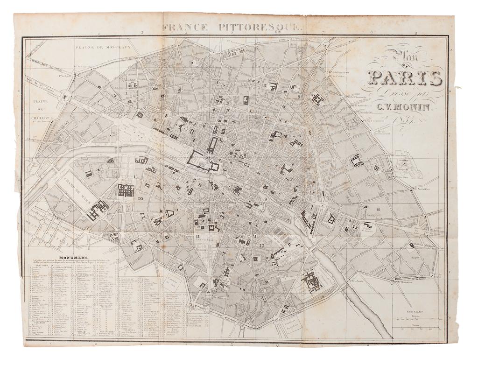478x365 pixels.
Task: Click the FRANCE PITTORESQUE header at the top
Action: point(232,27)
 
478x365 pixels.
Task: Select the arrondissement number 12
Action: point(261,245)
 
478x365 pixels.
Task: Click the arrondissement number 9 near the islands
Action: point(265,199)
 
